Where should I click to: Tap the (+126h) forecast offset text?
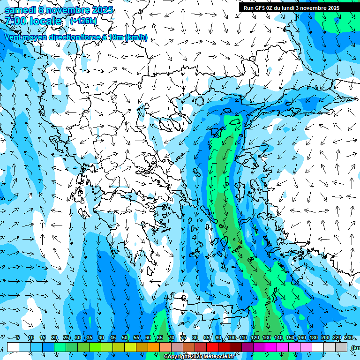[x=83, y=21]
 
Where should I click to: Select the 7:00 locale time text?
[x=33, y=21]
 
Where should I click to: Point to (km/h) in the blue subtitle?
[x=136, y=37]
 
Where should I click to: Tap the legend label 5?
[x=18, y=337]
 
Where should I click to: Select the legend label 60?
[x=148, y=337]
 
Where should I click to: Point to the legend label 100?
[x=231, y=337]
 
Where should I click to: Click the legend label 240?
[x=348, y=337]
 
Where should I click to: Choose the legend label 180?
[x=313, y=337]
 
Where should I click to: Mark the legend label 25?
[x=66, y=337]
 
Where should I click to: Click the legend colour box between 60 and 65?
[x=154, y=347]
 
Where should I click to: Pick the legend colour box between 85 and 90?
[x=212, y=347]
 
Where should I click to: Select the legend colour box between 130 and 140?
[x=271, y=347]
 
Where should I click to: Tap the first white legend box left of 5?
[x=13, y=347]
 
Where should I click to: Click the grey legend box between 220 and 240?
[x=342, y=347]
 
